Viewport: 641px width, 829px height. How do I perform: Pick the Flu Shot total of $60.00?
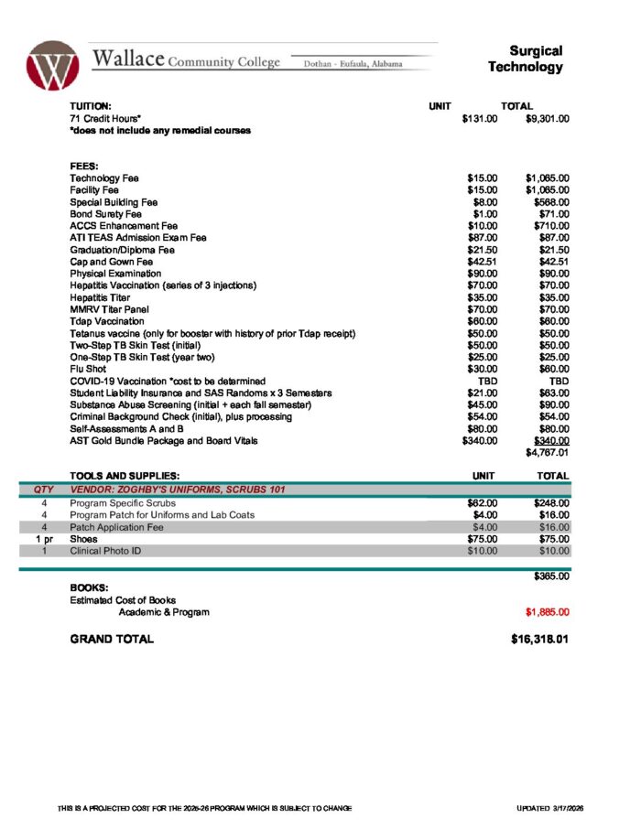pos(553,369)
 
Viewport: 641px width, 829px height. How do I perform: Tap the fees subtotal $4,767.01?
pos(547,452)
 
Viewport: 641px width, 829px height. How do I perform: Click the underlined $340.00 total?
pos(549,440)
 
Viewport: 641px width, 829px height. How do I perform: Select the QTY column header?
pos(43,490)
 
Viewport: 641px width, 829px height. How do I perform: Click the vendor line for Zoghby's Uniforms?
pos(178,490)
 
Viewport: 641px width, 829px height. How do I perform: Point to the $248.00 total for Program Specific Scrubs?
pos(549,502)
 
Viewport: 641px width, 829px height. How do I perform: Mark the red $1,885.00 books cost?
pos(547,612)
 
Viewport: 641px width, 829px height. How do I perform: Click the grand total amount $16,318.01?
pos(540,639)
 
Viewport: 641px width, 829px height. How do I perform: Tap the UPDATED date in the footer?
pos(543,809)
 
